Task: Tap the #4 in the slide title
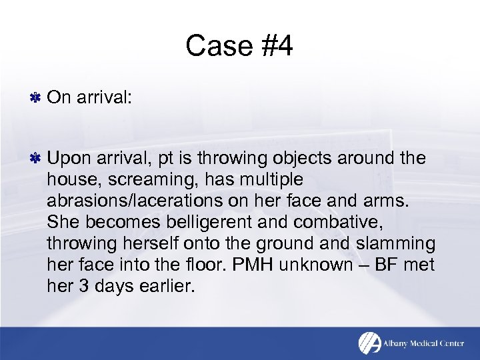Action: [x=271, y=47]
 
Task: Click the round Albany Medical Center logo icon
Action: [x=369, y=343]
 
